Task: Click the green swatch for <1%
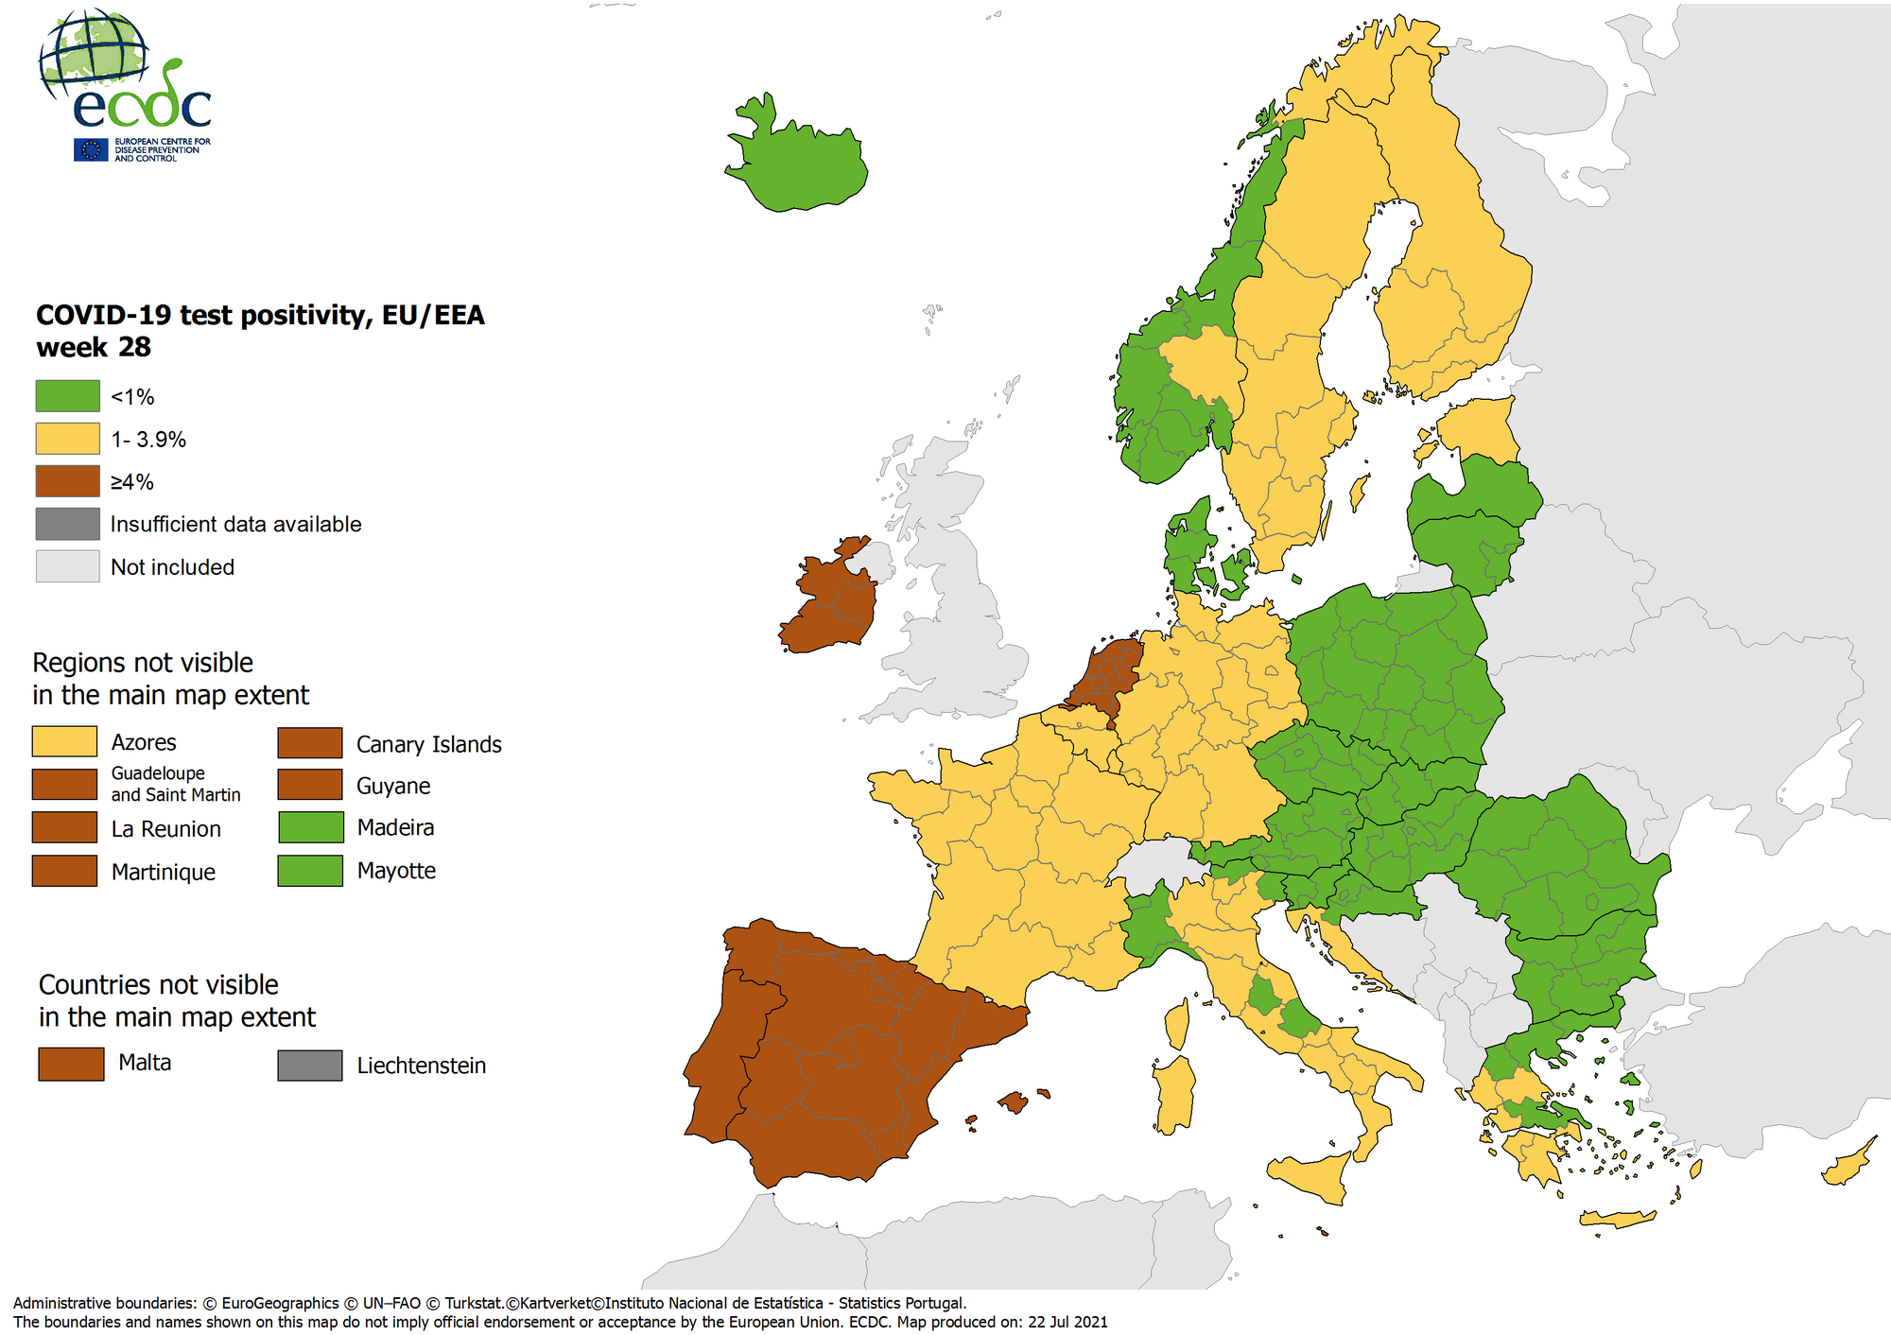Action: pos(67,396)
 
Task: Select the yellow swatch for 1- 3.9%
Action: pos(67,439)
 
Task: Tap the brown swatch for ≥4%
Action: pos(67,481)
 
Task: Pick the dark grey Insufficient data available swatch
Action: pos(67,524)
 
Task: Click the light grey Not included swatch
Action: pos(67,566)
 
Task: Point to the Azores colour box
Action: pos(64,742)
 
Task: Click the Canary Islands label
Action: pos(428,745)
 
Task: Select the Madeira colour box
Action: pos(310,827)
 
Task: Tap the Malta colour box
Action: pos(71,1064)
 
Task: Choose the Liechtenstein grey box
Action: pos(310,1066)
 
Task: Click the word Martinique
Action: pos(163,872)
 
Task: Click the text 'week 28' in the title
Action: pos(94,348)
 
